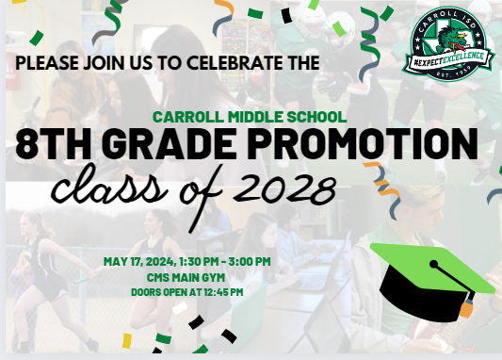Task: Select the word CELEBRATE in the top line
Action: pos(235,62)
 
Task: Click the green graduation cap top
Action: pos(433,268)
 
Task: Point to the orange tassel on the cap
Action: pos(466,307)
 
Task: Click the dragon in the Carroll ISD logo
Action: pos(448,40)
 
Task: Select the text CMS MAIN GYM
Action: pos(186,277)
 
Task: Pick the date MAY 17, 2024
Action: pos(139,261)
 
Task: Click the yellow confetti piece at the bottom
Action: pos(127,341)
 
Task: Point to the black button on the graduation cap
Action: pos(433,264)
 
